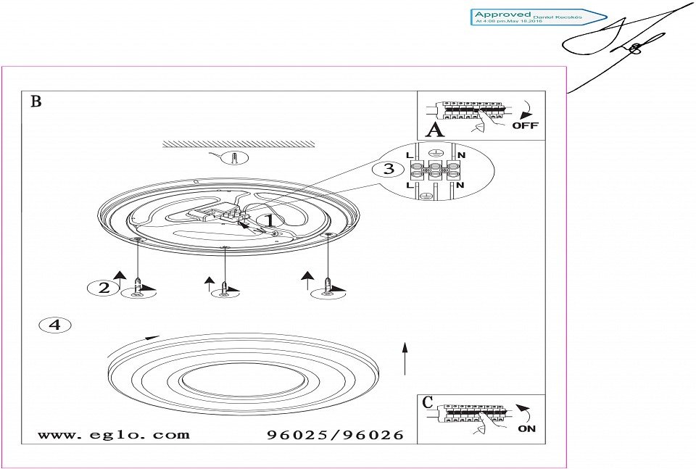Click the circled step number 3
[389, 169]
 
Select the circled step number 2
[104, 288]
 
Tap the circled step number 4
[54, 325]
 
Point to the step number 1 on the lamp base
[268, 220]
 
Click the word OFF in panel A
[525, 125]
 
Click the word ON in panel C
[527, 428]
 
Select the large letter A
[434, 130]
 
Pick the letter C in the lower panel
[428, 402]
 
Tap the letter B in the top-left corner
[36, 101]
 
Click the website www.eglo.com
[113, 435]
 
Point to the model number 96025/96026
[335, 436]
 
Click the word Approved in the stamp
[502, 14]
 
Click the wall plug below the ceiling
[233, 158]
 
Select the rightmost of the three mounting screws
[328, 284]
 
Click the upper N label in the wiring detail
[461, 156]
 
